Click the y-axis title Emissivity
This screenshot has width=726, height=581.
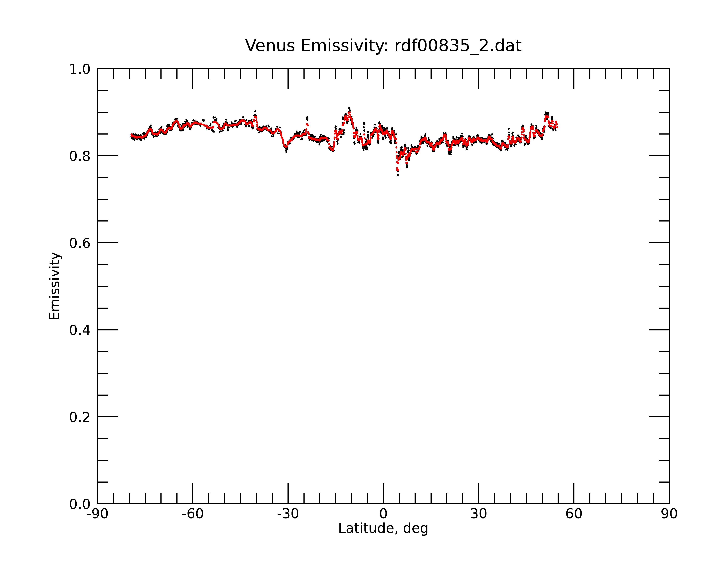coord(55,286)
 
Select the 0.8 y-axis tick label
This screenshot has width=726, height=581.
coord(80,156)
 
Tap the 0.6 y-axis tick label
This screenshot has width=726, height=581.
coord(80,243)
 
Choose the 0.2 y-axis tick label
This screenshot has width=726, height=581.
coord(80,417)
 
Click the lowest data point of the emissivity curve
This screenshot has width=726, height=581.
coord(398,175)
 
